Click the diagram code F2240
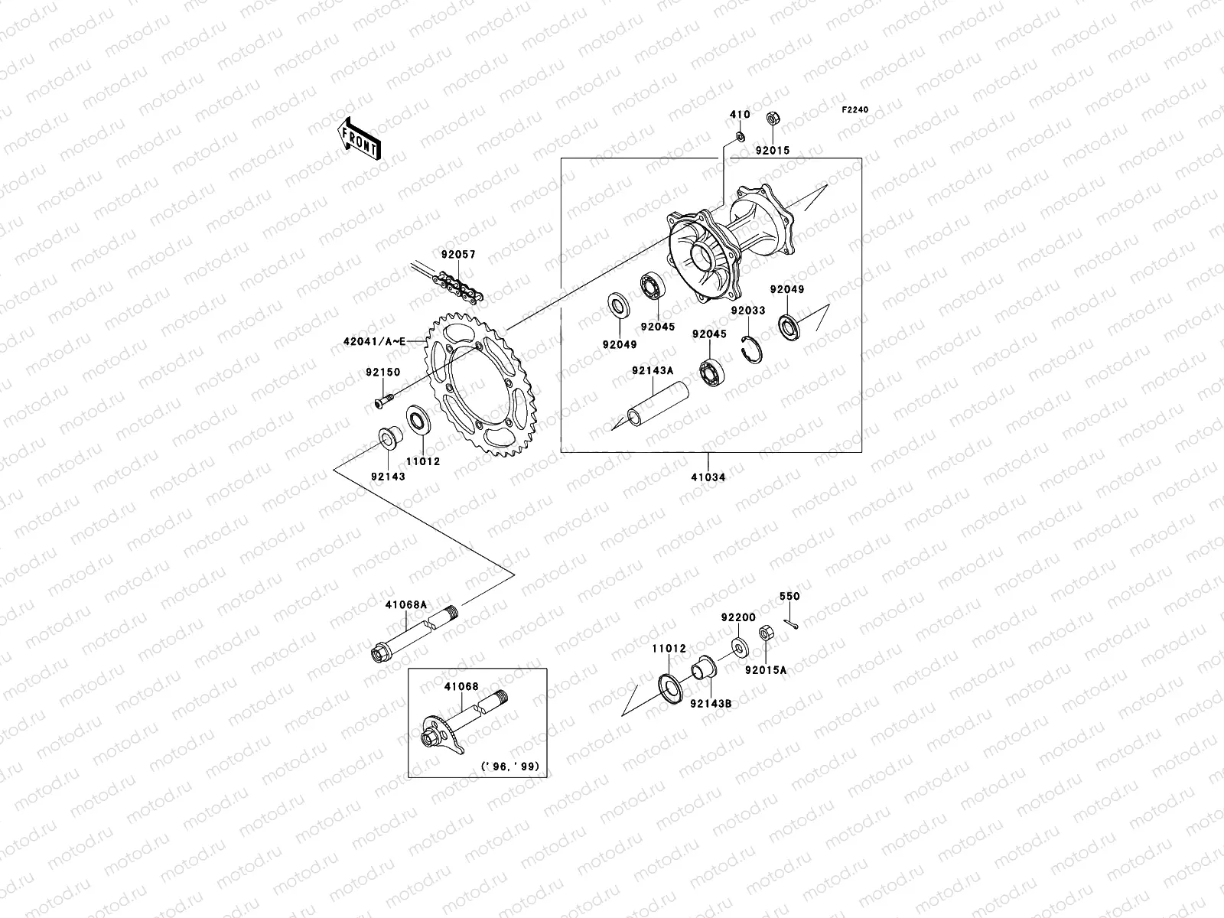tap(855, 110)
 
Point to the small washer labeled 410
tap(740, 136)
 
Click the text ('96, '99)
tap(515, 766)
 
